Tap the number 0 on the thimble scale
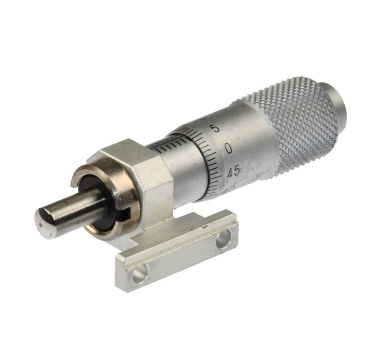pos(228,149)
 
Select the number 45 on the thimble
pos(233,171)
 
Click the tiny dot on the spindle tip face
pos(41,225)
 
